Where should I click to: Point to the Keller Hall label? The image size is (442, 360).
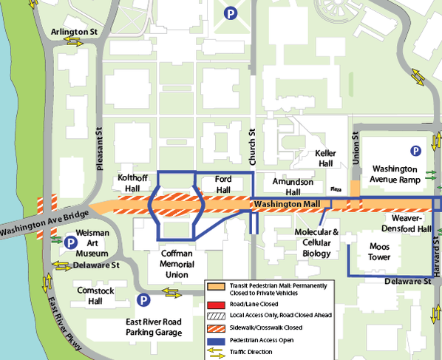tap(325, 158)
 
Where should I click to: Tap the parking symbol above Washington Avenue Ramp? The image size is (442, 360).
tap(416, 150)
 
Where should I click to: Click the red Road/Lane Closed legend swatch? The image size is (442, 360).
tap(216, 303)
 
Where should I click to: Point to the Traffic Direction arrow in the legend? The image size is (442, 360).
tap(216, 352)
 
